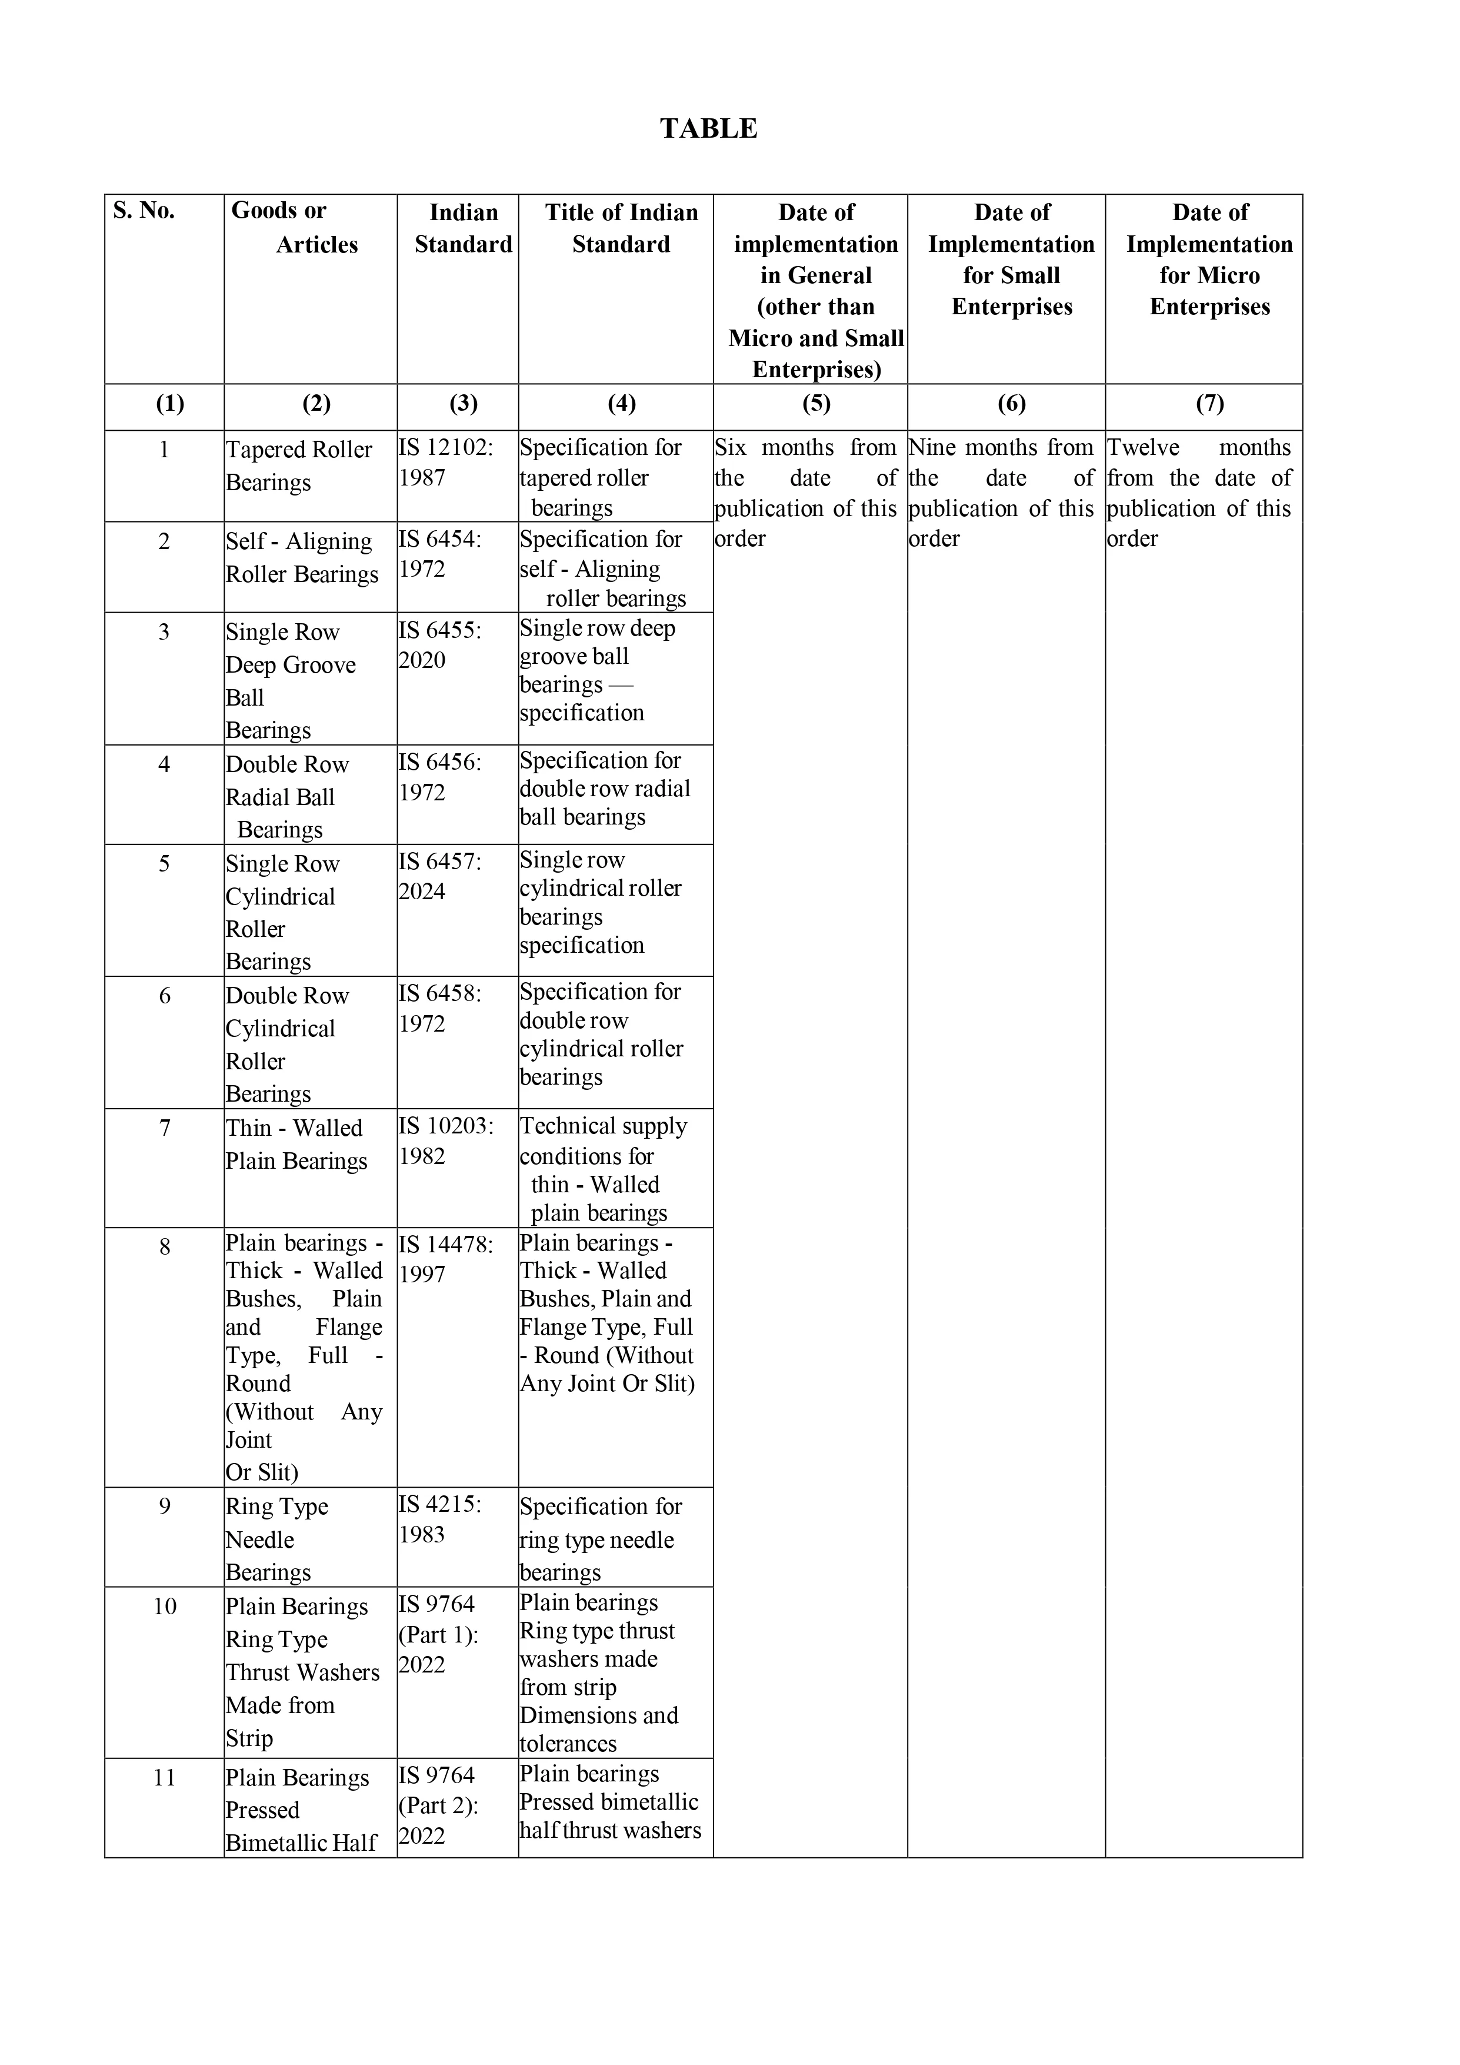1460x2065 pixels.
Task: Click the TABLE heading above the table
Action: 708,129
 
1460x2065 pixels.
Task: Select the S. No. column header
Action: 144,211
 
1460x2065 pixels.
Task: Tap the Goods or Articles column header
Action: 295,228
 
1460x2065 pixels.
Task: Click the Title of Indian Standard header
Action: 621,228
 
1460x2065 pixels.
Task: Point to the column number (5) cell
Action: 815,404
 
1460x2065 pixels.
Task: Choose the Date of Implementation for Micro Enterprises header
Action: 1209,259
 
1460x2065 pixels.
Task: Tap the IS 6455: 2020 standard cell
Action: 441,645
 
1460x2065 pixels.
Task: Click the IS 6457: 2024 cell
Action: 441,876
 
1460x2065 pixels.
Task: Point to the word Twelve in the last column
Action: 1143,448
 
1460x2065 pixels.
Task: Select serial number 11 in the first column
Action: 165,1778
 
